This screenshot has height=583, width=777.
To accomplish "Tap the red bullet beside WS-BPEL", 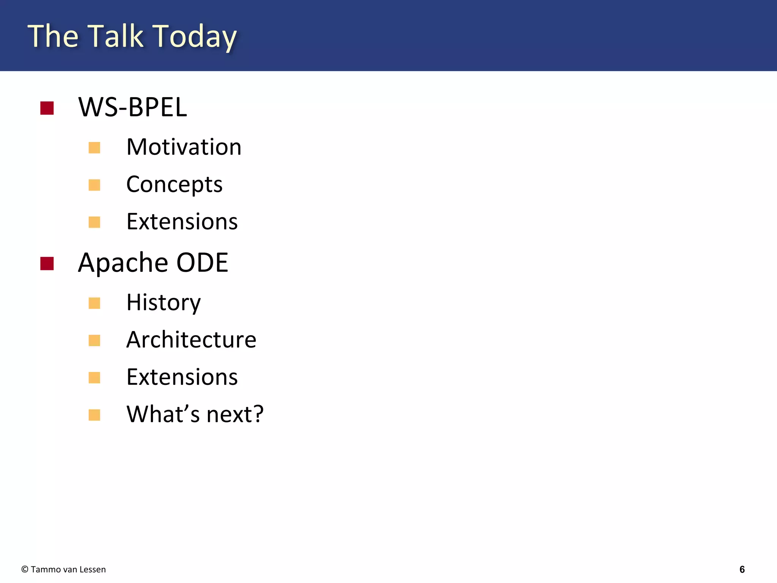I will [x=47, y=108].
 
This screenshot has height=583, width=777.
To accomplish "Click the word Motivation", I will [x=184, y=147].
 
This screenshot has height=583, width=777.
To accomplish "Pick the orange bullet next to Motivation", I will [x=94, y=148].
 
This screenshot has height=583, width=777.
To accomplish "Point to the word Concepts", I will [x=174, y=184].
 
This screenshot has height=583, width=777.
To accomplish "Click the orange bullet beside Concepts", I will [x=94, y=185].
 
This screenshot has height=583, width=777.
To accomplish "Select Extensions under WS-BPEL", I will [x=182, y=222].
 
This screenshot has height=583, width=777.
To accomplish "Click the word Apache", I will [x=123, y=263].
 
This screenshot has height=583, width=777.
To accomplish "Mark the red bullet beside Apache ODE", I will [x=47, y=264].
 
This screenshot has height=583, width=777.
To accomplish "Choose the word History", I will [x=164, y=303].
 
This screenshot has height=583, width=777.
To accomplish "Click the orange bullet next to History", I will [x=94, y=303].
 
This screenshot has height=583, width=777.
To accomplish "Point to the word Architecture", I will [x=191, y=340].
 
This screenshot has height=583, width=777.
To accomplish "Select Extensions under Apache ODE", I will [x=182, y=377].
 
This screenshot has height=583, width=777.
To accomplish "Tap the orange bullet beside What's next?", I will [x=94, y=415].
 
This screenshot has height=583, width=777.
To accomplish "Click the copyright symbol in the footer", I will [x=25, y=569].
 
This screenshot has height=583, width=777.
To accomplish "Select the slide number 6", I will [x=742, y=569].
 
